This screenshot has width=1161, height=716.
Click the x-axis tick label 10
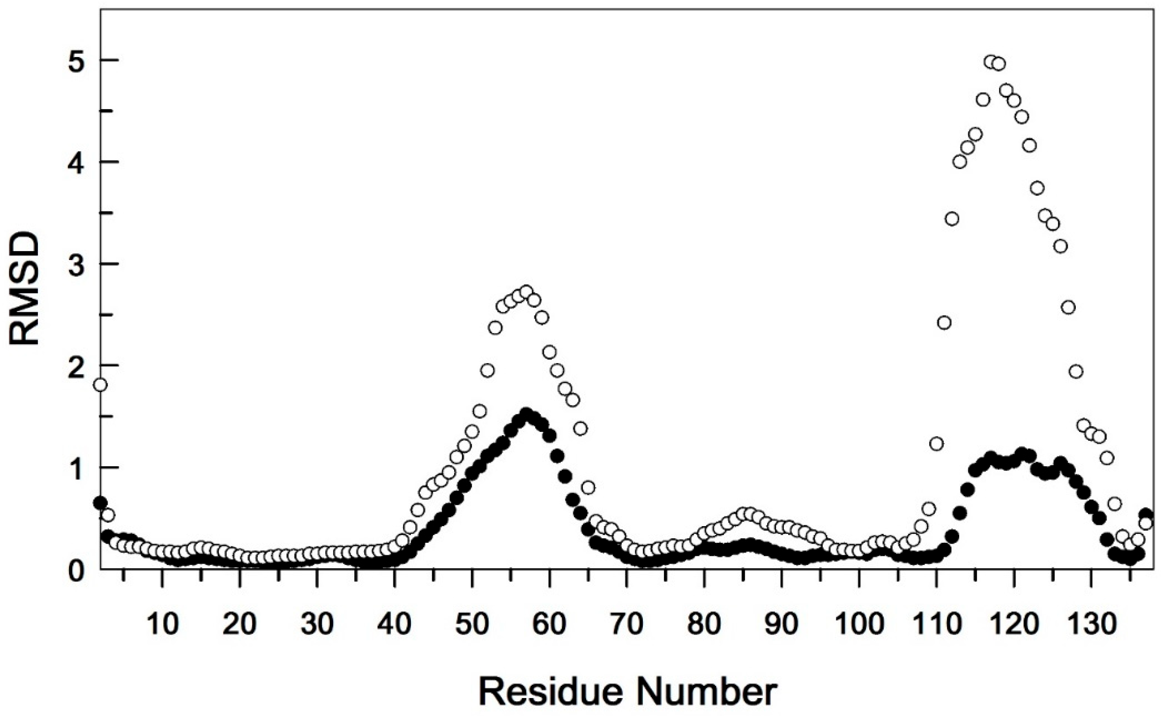[163, 624]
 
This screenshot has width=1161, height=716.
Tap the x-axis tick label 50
[472, 624]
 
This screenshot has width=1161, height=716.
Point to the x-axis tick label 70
[627, 624]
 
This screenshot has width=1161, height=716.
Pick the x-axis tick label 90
[781, 624]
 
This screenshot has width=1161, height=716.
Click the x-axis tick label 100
[858, 624]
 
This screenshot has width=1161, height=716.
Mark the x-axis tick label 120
[1013, 624]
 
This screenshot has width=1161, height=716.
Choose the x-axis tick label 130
[1091, 624]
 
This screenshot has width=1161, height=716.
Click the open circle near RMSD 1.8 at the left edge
[100, 385]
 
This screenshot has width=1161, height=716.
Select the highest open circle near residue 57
[526, 291]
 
